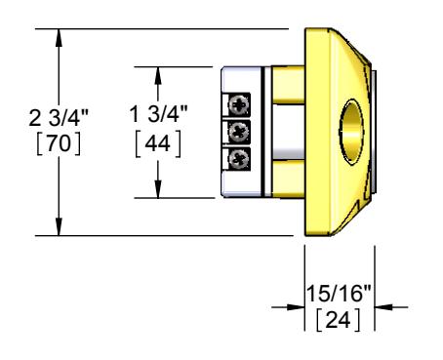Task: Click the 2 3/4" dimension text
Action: tap(59, 118)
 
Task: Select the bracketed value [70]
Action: tap(59, 143)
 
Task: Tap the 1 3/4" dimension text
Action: tap(158, 114)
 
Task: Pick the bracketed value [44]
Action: tap(158, 142)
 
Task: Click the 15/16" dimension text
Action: tap(339, 294)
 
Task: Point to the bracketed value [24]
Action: tap(339, 320)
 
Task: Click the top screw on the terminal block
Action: tap(239, 104)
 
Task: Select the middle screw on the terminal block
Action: tap(239, 132)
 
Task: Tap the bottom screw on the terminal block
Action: tap(239, 159)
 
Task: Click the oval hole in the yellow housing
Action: tap(351, 132)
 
